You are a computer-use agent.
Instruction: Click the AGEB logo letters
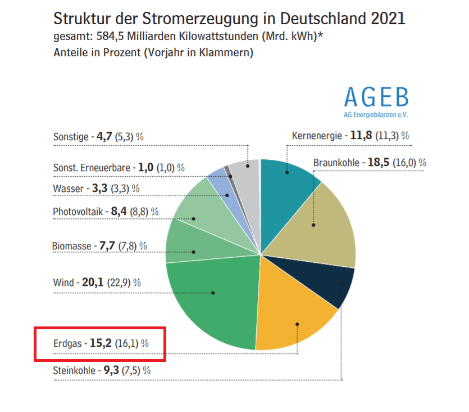click(x=376, y=98)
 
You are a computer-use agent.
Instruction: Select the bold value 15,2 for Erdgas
click(x=101, y=343)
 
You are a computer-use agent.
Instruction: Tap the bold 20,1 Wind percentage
click(x=93, y=282)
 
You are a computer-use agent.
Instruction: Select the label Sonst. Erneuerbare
click(x=92, y=168)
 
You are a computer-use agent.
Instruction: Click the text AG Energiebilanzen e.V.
click(x=376, y=114)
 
